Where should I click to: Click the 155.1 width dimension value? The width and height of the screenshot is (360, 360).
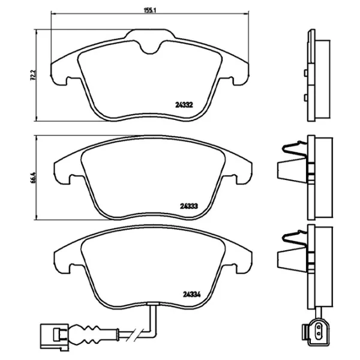[x=149, y=10]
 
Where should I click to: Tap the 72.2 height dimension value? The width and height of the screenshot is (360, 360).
[x=33, y=75]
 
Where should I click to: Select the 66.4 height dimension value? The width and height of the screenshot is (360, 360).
[x=33, y=177]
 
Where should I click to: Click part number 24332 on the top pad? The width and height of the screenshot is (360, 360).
[x=184, y=105]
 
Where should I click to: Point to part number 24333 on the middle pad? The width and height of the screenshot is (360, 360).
[x=189, y=206]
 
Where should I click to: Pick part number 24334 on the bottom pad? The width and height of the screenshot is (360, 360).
[x=192, y=294]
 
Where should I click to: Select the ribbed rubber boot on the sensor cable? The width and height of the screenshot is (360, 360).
[x=85, y=334]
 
